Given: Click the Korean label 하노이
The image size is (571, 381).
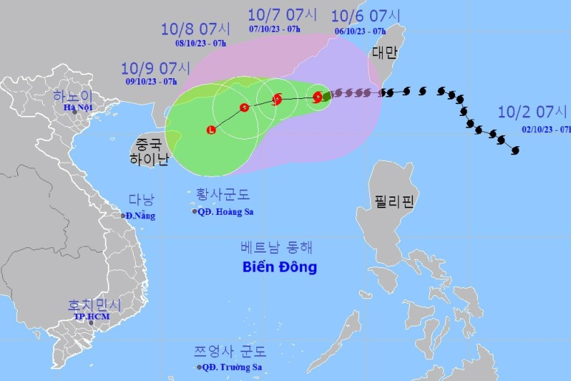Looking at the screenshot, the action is tap(72, 95).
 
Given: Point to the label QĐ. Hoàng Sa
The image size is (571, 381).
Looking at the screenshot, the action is tap(225, 211).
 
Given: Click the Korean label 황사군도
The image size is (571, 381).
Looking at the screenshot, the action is tap(223, 195).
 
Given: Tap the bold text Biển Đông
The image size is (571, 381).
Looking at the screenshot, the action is tap(279, 267).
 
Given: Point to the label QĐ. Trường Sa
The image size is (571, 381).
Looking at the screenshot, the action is tap(231, 367).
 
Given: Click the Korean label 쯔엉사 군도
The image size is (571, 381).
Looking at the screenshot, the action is tap(230, 351).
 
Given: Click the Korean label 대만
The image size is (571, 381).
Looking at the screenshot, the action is tap(385, 52).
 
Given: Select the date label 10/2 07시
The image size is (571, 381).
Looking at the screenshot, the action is tap(533, 113).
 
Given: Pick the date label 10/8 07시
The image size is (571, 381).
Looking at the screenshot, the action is tap(196, 30).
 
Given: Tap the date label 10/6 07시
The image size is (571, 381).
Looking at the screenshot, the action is tap(367, 16).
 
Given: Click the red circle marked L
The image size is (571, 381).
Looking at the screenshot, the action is tap(212, 131).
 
